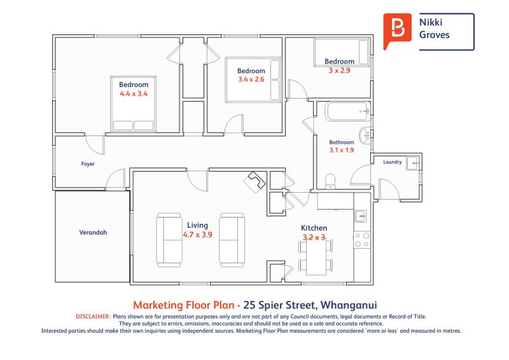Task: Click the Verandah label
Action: click(x=93, y=232)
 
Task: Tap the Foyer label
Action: click(x=88, y=164)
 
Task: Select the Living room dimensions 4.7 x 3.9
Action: click(x=197, y=234)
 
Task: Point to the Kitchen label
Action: click(x=314, y=228)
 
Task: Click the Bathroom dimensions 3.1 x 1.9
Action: click(x=342, y=150)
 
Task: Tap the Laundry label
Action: click(x=393, y=162)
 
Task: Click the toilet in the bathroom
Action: click(x=330, y=181)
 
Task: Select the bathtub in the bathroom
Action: click(x=347, y=111)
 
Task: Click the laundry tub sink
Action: click(x=412, y=163)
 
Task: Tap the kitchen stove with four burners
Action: click(x=362, y=240)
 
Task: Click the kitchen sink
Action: click(x=360, y=216)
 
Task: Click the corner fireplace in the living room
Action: click(x=255, y=182)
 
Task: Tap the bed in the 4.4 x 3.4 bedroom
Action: click(x=133, y=104)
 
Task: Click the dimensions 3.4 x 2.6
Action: click(x=251, y=80)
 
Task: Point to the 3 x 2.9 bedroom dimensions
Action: click(x=339, y=71)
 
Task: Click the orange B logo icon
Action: click(x=397, y=31)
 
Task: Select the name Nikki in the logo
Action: click(x=431, y=22)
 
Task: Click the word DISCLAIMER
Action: click(x=93, y=316)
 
